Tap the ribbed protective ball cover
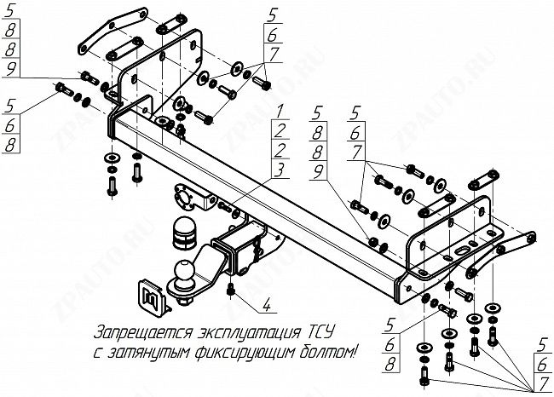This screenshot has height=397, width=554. click(x=185, y=231)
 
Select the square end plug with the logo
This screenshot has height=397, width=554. click(x=148, y=290)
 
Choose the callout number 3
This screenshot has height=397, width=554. click(x=280, y=169)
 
